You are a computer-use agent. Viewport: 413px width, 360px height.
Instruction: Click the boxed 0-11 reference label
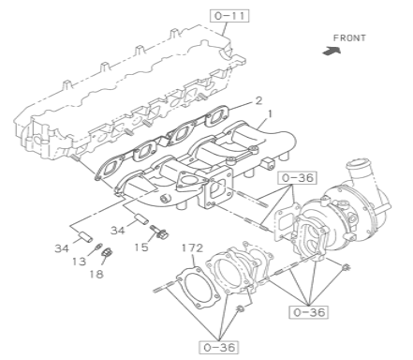click(x=229, y=16)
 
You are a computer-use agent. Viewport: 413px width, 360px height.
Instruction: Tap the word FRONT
click(x=349, y=38)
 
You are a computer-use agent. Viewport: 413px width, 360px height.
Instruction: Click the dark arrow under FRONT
click(x=332, y=51)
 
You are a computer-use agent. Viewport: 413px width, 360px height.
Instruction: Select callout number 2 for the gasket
click(x=258, y=101)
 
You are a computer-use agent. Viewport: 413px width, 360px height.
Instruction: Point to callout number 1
click(x=270, y=114)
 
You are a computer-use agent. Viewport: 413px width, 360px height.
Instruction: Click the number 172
click(x=192, y=248)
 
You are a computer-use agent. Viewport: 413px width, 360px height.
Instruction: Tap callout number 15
click(x=141, y=247)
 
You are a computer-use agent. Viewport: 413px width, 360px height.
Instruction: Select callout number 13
click(x=79, y=261)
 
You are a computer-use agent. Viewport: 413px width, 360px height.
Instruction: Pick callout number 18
click(x=96, y=275)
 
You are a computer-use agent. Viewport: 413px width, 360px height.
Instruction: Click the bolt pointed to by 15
click(x=159, y=231)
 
